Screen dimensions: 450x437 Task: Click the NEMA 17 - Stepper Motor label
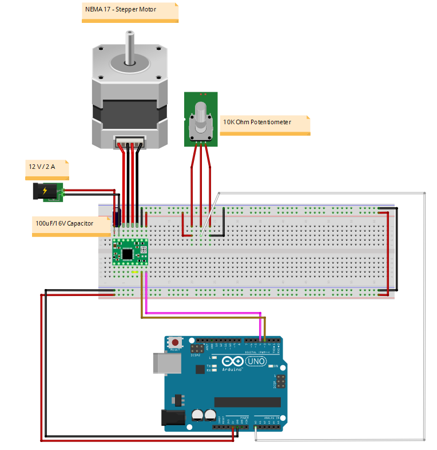click(130, 11)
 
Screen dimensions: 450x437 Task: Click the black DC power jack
click(45, 191)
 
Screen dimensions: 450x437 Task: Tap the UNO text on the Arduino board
click(256, 361)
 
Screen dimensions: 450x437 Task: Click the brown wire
click(200, 318)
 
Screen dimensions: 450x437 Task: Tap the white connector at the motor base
click(130, 140)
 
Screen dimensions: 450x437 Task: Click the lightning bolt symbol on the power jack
click(44, 190)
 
